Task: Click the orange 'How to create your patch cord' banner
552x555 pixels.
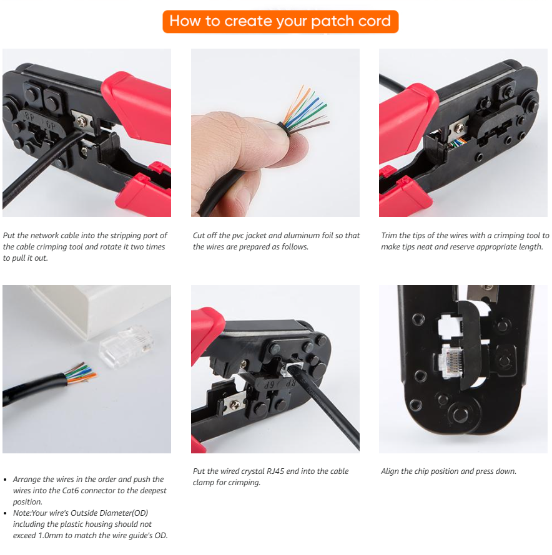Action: click(x=280, y=22)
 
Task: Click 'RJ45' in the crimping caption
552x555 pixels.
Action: click(x=275, y=471)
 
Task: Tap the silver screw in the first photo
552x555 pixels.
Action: click(x=82, y=122)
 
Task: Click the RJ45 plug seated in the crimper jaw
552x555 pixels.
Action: click(x=451, y=362)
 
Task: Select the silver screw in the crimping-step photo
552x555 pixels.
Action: click(x=234, y=404)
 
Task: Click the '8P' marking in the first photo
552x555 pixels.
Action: click(x=30, y=117)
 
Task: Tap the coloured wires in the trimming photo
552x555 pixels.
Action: click(x=456, y=143)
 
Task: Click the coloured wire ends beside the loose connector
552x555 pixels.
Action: click(x=81, y=373)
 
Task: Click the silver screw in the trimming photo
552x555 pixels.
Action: click(x=459, y=127)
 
